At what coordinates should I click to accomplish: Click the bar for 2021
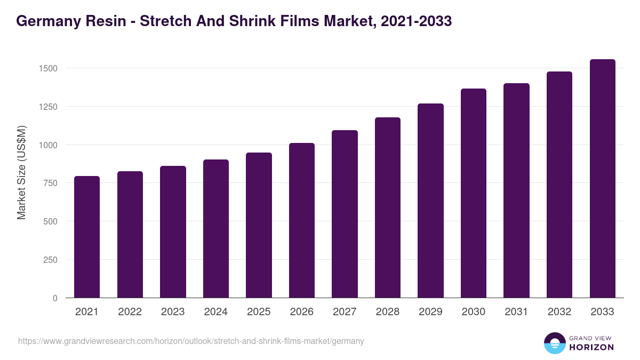coord(87,237)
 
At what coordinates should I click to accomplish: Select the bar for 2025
coord(259,225)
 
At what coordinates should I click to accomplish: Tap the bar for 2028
coord(388,207)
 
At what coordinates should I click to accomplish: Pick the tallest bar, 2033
coord(602,179)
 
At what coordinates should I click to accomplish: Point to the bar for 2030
coord(474,193)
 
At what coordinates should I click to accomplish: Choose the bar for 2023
coord(173,232)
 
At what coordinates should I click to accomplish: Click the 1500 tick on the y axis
coord(47,68)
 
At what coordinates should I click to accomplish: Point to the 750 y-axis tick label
coord(50,183)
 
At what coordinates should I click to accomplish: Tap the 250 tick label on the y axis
coord(50,260)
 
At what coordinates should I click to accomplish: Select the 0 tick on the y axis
coord(54,298)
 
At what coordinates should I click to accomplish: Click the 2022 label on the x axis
coord(130,312)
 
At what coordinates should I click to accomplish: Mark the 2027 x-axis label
coord(345,312)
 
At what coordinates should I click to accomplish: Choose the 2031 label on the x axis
coord(516,312)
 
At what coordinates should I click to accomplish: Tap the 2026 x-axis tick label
coord(302,312)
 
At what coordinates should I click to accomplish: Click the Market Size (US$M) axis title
coord(22,172)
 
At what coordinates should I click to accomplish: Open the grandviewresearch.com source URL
coord(191,341)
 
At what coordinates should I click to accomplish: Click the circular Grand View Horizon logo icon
coord(554,343)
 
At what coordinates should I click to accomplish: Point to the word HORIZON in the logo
coord(591,347)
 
